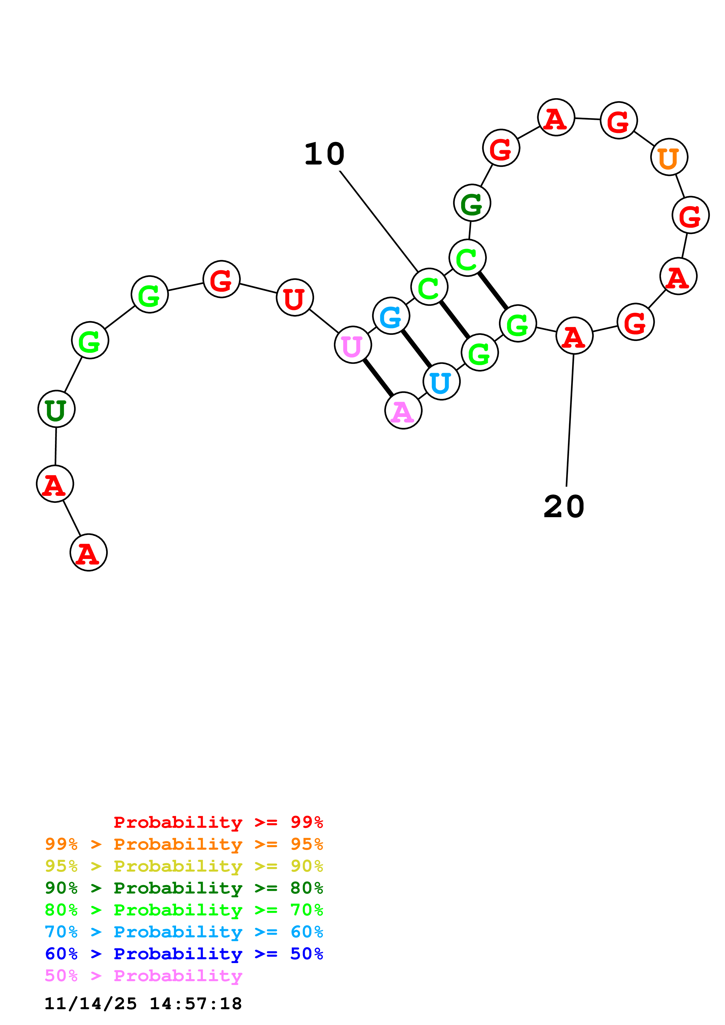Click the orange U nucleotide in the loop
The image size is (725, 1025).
[669, 157]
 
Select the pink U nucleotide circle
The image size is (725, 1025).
[352, 345]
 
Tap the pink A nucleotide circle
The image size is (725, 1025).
[403, 410]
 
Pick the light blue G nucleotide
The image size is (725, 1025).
[391, 316]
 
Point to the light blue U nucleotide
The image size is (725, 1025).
[441, 382]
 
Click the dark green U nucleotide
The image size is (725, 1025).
[56, 409]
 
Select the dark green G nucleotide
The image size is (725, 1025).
[472, 203]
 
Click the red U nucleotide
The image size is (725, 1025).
[295, 297]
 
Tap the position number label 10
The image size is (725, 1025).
[324, 154]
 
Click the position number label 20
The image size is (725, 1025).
[564, 507]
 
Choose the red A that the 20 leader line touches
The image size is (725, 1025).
[574, 336]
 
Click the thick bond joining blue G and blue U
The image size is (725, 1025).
[416, 349]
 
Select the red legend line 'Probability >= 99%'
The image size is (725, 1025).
[218, 822]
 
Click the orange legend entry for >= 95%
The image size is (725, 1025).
[184, 844]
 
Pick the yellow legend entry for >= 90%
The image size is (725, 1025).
[184, 866]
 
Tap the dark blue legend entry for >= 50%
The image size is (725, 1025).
[184, 954]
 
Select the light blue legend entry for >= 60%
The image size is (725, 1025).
[184, 932]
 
